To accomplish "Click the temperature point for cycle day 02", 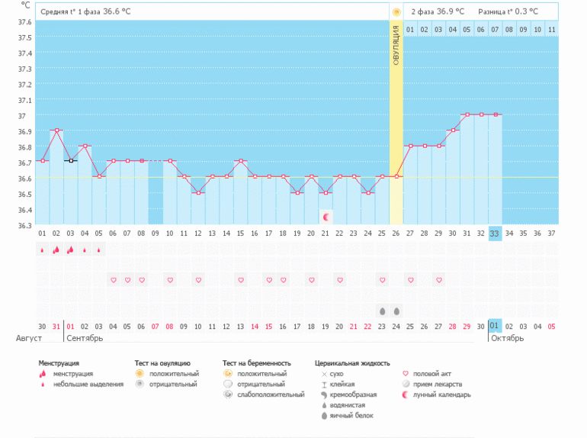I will (56, 130).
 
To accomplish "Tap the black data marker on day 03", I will (70, 160).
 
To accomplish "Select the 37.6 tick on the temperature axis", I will (24, 21).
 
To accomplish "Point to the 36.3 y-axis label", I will (24, 225).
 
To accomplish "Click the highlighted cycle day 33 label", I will (495, 233).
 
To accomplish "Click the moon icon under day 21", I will (326, 217).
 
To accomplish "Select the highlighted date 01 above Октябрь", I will (495, 326).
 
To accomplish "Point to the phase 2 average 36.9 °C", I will (450, 11).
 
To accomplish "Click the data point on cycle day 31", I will (467, 114).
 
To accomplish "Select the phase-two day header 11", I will (551, 30).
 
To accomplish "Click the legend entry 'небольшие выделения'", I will (88, 384).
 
